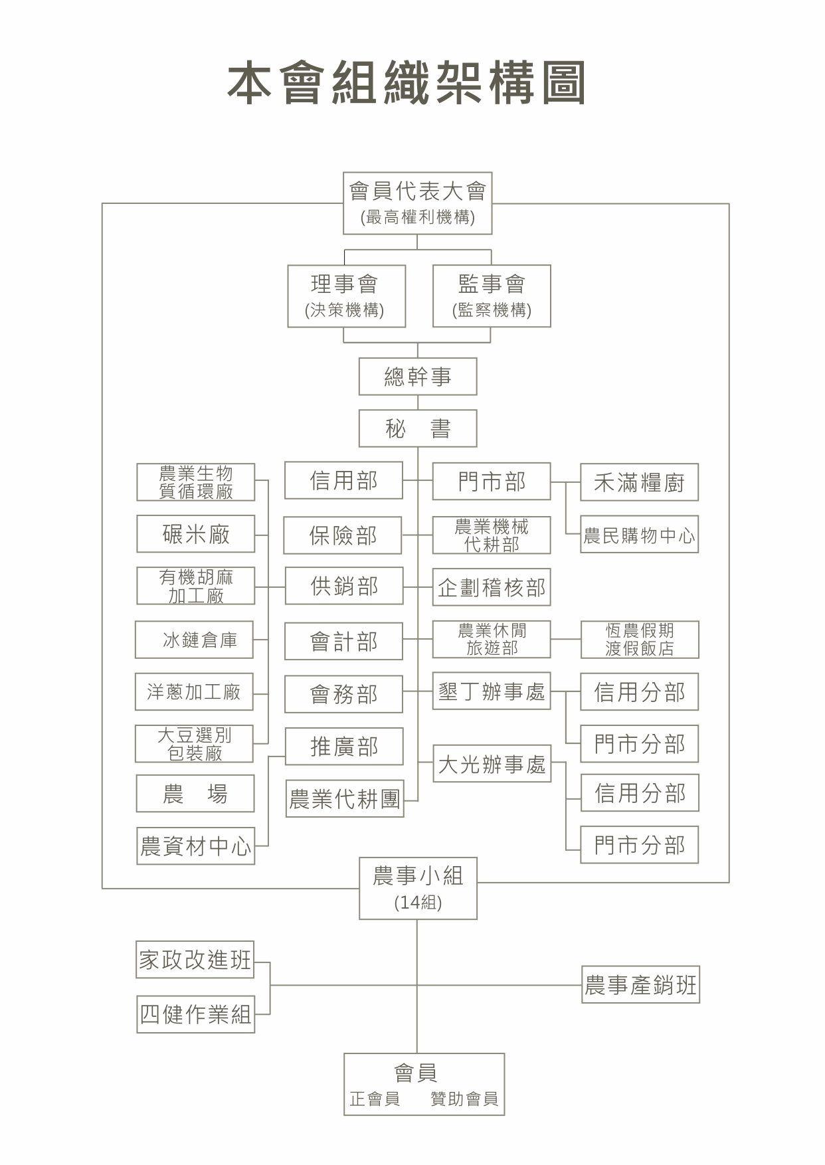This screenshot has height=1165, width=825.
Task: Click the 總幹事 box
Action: (x=418, y=377)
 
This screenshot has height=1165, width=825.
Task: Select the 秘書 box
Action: (x=418, y=428)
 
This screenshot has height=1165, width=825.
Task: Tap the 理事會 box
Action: (x=346, y=296)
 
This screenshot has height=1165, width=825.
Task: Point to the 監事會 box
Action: (x=492, y=296)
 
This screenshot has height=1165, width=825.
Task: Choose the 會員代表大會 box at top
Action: (x=417, y=203)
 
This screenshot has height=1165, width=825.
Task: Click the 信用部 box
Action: (x=343, y=480)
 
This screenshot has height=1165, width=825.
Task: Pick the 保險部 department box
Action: (x=343, y=535)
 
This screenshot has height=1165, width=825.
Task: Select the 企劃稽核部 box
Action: (x=492, y=587)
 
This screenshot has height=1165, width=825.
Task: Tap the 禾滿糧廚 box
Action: (x=639, y=482)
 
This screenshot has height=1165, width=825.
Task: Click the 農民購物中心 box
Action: (x=639, y=535)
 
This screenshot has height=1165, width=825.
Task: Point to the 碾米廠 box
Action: (x=196, y=534)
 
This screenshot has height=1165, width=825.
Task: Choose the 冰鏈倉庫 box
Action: (x=195, y=640)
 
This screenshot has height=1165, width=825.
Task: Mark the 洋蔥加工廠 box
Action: (x=195, y=692)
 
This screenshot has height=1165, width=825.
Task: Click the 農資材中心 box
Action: (x=196, y=846)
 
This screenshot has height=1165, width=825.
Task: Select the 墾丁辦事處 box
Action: (x=492, y=691)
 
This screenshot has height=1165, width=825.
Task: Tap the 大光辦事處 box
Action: (x=492, y=764)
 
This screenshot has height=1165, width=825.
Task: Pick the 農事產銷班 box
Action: (x=640, y=984)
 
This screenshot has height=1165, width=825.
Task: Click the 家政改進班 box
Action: (x=195, y=959)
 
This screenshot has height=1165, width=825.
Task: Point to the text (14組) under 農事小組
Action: (x=418, y=902)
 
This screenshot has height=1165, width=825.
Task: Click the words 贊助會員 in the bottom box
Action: (x=464, y=1099)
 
